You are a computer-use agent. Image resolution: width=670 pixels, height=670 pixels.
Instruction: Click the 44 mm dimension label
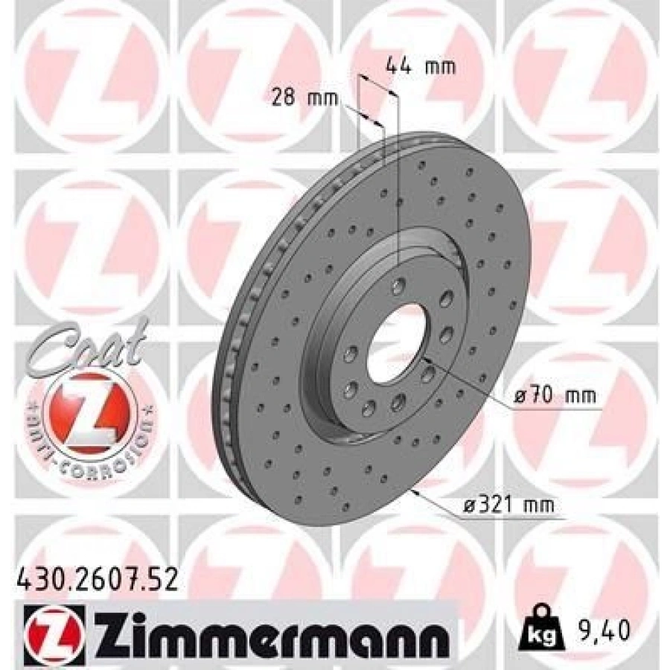point(421,66)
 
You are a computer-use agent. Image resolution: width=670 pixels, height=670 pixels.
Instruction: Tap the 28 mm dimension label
point(305,98)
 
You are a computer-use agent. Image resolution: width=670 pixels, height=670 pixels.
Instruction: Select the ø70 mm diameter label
point(555,396)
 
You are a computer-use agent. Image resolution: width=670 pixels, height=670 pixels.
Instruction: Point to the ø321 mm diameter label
point(509,505)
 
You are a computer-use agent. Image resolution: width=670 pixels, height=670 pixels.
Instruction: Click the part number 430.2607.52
point(97,581)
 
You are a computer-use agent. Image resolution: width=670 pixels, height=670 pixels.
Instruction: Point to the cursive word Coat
point(89,347)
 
